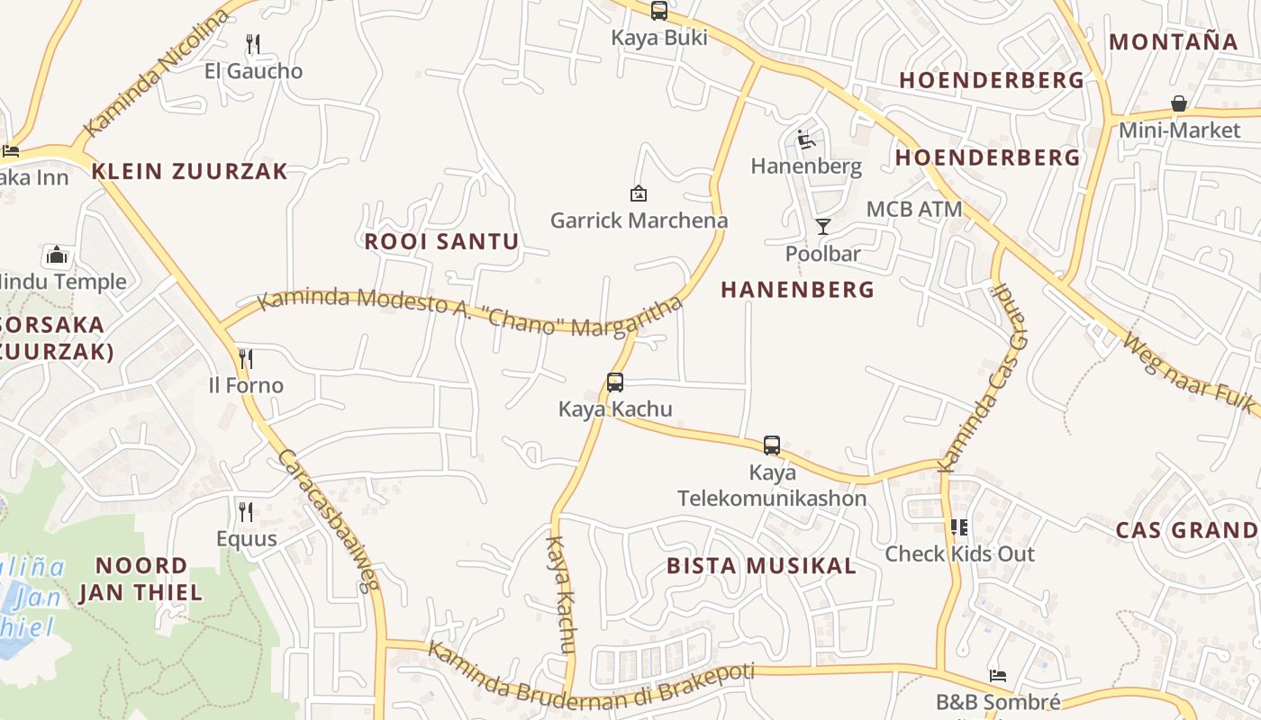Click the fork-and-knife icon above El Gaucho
(x=253, y=43)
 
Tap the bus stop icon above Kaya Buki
(x=659, y=11)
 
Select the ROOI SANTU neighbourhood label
(x=441, y=241)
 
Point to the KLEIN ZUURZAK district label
(x=190, y=171)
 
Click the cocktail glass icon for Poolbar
(x=822, y=226)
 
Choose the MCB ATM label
(x=913, y=210)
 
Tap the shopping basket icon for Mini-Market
(x=1178, y=103)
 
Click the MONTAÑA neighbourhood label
(x=1174, y=41)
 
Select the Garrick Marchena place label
(x=639, y=220)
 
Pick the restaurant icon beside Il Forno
(x=245, y=359)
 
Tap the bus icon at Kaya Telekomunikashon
(x=772, y=445)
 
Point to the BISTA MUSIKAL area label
(x=761, y=566)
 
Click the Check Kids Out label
(x=959, y=553)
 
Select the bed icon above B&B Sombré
(x=997, y=675)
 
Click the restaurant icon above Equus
(x=245, y=511)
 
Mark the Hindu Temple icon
(x=57, y=255)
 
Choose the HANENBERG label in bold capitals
(x=797, y=289)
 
